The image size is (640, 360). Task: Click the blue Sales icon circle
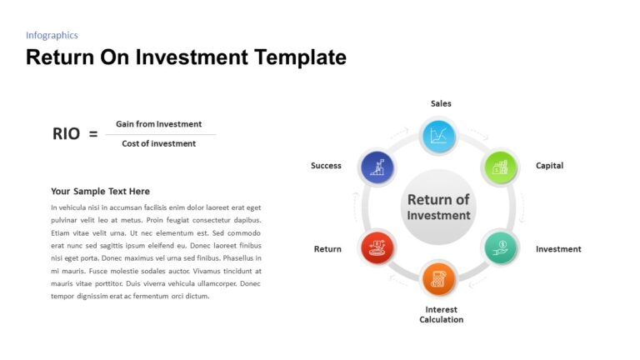pos(438,136)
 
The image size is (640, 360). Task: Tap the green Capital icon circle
pos(498,167)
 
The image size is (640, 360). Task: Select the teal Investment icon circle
pos(500,247)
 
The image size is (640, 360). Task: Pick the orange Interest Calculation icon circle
pos(438,279)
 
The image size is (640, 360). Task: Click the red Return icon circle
pos(377,247)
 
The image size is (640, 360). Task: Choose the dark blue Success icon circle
pos(377,167)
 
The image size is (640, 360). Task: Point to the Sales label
pos(441,103)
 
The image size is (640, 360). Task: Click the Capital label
pos(549,166)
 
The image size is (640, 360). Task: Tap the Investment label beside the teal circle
pos(558,249)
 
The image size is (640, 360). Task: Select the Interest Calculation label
pos(441,314)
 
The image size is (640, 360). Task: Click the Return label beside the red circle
pos(327,249)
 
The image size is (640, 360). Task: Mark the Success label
pos(326,166)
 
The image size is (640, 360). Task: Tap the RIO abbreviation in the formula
pos(66,133)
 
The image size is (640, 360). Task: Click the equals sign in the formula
pos(92,133)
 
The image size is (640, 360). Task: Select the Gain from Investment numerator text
pos(158,124)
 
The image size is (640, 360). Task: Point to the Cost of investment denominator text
pos(158,143)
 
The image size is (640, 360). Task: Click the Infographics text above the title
pos(52,35)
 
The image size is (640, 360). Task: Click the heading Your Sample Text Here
pos(100,191)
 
